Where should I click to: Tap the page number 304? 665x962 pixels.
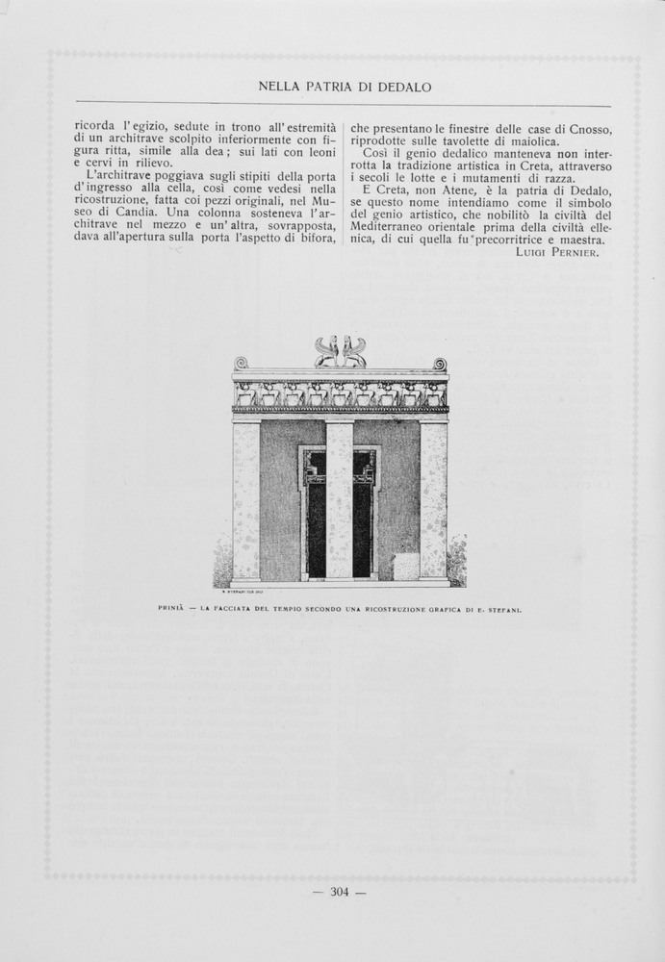click(x=340, y=892)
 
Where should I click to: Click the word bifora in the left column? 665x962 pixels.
click(x=314, y=239)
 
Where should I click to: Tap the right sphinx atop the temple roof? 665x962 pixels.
click(x=353, y=353)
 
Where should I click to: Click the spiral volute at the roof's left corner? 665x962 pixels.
click(x=241, y=363)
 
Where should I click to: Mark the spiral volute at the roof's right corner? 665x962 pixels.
click(x=440, y=364)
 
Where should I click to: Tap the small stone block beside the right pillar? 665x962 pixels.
click(x=406, y=566)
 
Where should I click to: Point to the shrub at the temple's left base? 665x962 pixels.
click(x=222, y=563)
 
